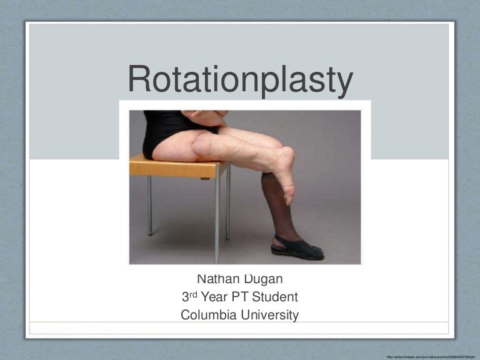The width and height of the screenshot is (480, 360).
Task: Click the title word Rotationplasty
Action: coord(240,80)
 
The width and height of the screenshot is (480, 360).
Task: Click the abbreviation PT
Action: coord(237,297)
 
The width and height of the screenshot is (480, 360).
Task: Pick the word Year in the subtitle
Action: coord(211,297)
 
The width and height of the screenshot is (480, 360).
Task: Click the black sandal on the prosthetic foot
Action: coord(297,247)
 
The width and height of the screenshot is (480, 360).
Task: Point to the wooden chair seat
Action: coord(175,167)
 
